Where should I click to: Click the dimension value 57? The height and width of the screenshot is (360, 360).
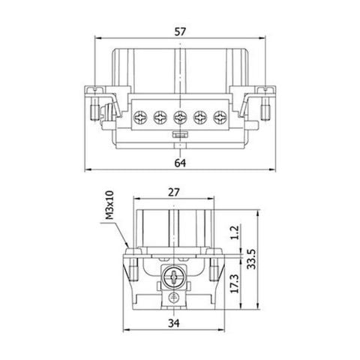pos(180,31)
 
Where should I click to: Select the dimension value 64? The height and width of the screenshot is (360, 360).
pos(180,163)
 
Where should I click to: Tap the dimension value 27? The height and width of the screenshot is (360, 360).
pos(174,192)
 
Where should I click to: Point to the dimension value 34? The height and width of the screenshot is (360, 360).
pos(174,323)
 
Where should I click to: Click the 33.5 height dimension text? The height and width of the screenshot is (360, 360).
pos(251,259)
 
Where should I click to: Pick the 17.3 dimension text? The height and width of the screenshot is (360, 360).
pos(235,283)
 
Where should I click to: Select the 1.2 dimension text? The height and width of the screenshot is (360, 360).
pos(235,232)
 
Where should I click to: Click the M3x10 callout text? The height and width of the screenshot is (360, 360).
pos(109,205)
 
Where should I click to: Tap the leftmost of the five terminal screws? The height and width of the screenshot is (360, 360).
pos(139,117)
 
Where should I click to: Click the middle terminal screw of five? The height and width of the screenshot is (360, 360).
pos(180,117)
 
